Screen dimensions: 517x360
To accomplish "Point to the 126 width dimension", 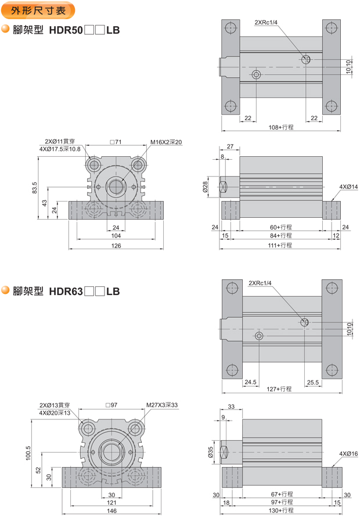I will [116, 246].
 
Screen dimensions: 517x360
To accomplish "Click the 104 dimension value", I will [116, 236].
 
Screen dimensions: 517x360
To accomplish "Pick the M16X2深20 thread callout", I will [166, 142].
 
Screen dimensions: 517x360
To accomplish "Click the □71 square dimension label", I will [115, 142].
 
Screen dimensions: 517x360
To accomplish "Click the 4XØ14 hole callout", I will [348, 187].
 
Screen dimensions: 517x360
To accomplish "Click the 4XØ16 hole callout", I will [348, 453].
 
